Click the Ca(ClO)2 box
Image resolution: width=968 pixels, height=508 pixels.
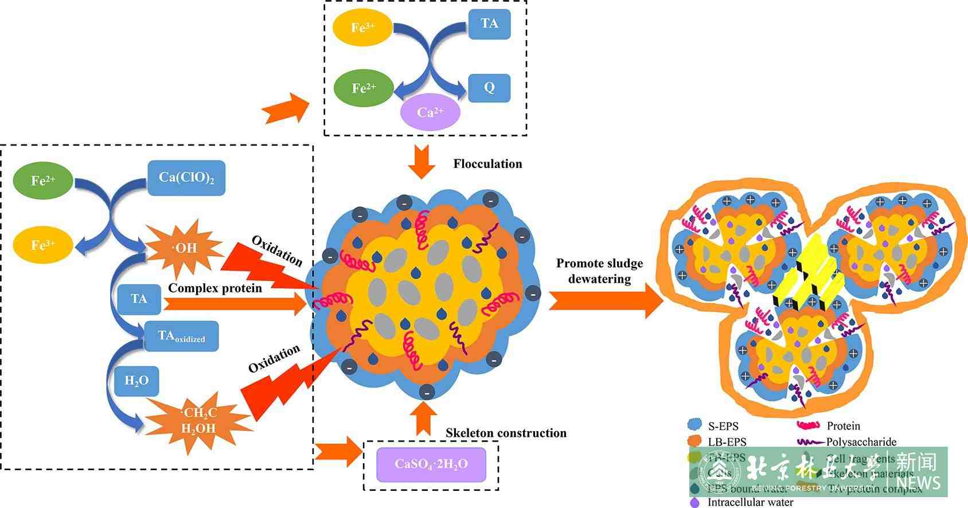pyautogui.click(x=186, y=178)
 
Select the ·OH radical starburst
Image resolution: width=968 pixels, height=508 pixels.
pyautogui.click(x=184, y=248)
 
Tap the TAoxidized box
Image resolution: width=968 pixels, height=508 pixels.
pyautogui.click(x=181, y=336)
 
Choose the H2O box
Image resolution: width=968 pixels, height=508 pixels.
pyautogui.click(x=136, y=380)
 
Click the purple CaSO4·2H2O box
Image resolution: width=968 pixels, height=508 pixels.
pyautogui.click(x=431, y=464)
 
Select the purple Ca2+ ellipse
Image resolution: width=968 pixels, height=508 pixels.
pyautogui.click(x=430, y=112)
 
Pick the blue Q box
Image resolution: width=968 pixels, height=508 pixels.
pyautogui.click(x=489, y=88)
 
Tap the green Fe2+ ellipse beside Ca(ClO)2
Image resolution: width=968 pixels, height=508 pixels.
pyautogui.click(x=43, y=181)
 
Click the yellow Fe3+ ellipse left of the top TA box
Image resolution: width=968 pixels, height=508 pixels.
pyautogui.click(x=362, y=27)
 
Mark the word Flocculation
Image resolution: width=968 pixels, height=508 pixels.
pyautogui.click(x=487, y=164)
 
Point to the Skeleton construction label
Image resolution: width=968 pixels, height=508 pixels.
pyautogui.click(x=506, y=433)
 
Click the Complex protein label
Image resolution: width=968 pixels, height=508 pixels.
pyautogui.click(x=215, y=288)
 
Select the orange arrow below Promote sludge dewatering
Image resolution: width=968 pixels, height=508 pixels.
pyautogui.click(x=606, y=300)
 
